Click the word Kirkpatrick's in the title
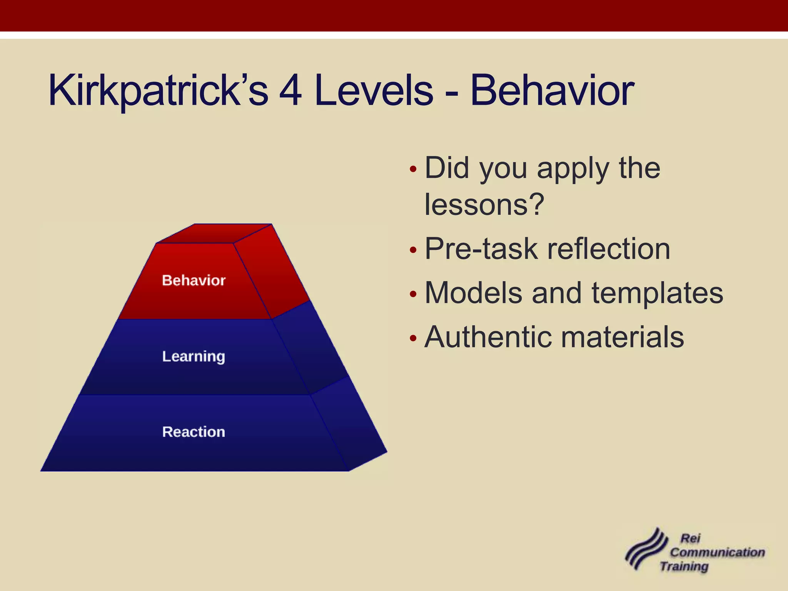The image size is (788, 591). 158,91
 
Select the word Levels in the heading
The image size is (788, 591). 374,91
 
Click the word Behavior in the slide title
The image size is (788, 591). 552,91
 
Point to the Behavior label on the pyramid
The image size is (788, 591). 194,280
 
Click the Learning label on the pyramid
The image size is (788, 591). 194,356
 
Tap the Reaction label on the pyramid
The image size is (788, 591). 194,432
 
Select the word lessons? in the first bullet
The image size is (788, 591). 484,204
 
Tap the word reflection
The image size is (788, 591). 609,249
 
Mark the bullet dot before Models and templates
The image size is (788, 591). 413,295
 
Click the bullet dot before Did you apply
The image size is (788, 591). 413,169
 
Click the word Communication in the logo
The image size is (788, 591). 717,552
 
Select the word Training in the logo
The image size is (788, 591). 684,566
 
